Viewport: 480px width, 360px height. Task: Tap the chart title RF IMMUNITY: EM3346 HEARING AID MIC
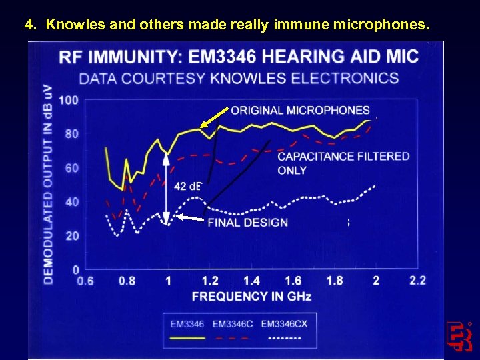click(239, 56)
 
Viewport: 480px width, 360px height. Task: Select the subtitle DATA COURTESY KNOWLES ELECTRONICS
click(239, 79)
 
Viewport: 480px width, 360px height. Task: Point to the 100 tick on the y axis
click(69, 101)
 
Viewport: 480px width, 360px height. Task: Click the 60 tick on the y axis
click(71, 168)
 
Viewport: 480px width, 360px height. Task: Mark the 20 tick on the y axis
click(71, 236)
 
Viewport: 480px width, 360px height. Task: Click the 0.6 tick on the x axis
click(85, 281)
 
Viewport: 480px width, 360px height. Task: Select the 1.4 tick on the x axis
click(251, 281)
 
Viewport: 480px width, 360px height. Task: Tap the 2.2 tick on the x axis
click(417, 281)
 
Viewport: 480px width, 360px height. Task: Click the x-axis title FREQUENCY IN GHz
click(251, 296)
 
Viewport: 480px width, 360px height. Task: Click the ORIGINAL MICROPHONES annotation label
click(300, 110)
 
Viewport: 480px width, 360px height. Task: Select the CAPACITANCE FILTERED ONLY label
click(343, 163)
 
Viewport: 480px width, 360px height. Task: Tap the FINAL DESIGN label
click(247, 223)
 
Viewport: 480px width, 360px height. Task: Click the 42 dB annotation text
click(187, 186)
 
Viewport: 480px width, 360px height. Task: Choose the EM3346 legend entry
click(187, 325)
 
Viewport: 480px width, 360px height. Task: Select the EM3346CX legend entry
click(285, 325)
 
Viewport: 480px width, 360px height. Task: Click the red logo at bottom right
click(459, 336)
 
